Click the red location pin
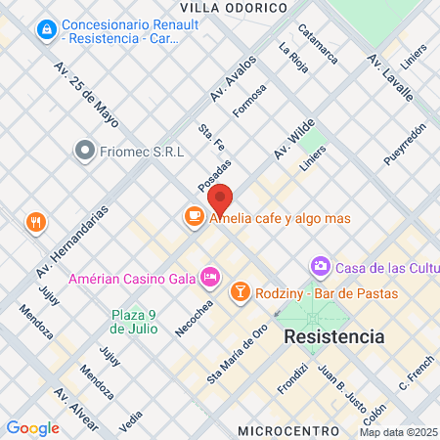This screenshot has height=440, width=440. coord(221,199)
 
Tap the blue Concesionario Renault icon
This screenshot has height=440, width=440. coord(45,31)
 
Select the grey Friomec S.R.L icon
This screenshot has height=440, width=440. coord(85,151)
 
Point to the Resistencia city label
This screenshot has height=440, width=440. coord(333,336)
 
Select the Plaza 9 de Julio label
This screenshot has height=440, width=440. coord(134,322)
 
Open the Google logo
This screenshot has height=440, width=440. coord(33,427)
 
